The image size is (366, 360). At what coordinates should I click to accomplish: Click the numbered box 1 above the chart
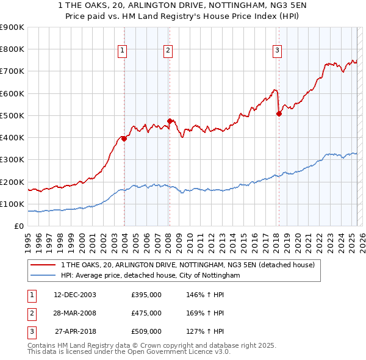point(123,51)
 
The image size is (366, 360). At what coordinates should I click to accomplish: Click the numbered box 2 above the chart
point(167,51)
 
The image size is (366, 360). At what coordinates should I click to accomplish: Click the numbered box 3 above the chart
point(277,51)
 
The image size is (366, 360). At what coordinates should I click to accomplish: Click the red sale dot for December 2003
point(124,139)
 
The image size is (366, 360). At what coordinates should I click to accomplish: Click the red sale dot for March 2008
point(170,121)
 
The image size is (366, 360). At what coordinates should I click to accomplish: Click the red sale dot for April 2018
point(279,113)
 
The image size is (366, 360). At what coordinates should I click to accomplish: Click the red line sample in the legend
point(43,265)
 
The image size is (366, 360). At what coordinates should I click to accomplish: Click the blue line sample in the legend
point(43,275)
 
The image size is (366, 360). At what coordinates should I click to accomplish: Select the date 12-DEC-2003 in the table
point(75,295)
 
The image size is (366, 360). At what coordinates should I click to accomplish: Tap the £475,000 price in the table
point(146,313)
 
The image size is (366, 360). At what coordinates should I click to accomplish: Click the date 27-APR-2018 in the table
point(75,331)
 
